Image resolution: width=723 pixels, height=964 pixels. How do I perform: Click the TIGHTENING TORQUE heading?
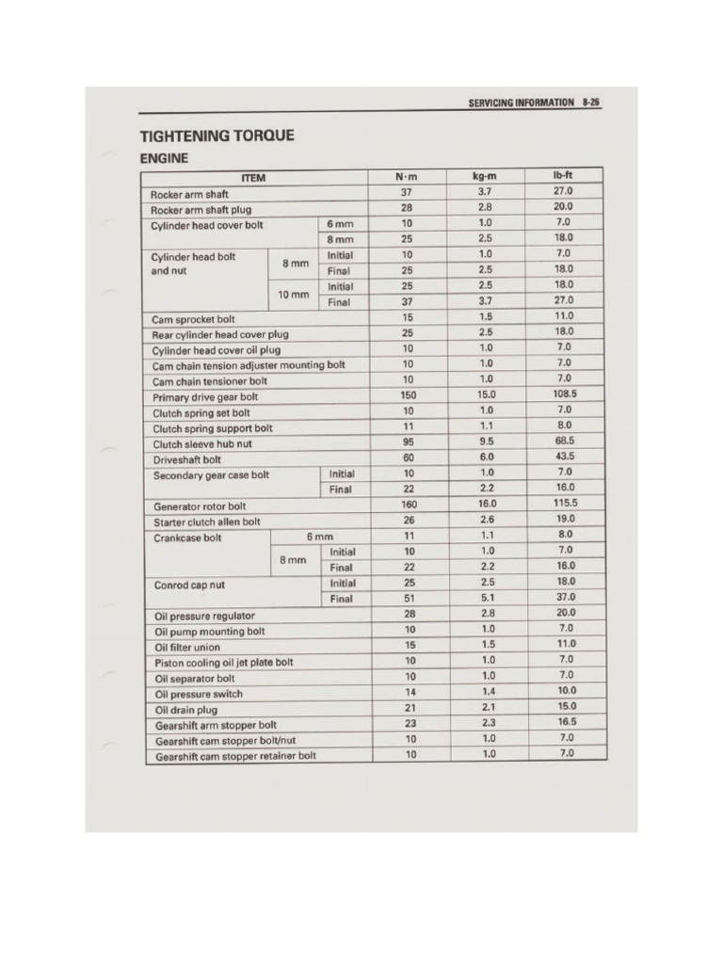pyautogui.click(x=217, y=136)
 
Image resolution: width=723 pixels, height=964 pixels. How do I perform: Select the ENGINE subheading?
pyautogui.click(x=164, y=158)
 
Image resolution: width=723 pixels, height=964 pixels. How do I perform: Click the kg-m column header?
pyautogui.click(x=485, y=177)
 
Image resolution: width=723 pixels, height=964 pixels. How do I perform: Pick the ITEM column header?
pyautogui.click(x=253, y=178)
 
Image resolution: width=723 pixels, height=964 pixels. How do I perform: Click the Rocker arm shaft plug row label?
pyautogui.click(x=201, y=210)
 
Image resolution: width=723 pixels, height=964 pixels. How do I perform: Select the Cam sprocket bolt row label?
pyautogui.click(x=193, y=319)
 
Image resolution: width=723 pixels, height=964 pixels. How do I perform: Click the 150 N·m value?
pyautogui.click(x=408, y=396)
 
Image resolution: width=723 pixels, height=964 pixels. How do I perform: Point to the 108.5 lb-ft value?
pyautogui.click(x=564, y=395)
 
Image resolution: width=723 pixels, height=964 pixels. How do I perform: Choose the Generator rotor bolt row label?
pyautogui.click(x=200, y=506)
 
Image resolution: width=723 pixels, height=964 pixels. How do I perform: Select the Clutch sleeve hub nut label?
pyautogui.click(x=201, y=444)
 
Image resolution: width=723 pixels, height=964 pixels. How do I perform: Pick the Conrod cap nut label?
pyautogui.click(x=188, y=585)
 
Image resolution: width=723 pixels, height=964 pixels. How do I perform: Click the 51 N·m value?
pyautogui.click(x=408, y=598)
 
